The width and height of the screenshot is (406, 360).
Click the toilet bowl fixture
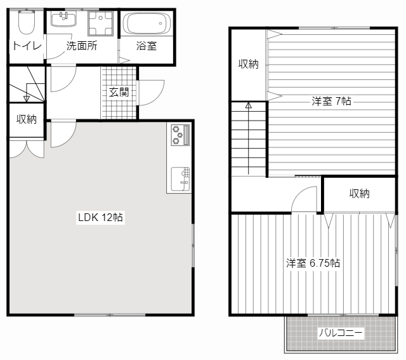[27, 22]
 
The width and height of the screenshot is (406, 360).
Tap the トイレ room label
[27, 46]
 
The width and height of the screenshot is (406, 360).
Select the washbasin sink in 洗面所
[63, 19]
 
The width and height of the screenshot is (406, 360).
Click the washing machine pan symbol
[100, 23]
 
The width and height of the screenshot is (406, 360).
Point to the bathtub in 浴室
[147, 23]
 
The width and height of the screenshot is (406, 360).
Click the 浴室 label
[147, 46]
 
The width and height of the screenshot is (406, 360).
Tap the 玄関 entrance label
[119, 92]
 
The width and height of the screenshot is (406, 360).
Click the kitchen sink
[180, 179]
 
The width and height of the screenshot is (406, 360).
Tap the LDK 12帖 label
[100, 217]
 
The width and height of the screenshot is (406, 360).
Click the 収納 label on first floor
[27, 119]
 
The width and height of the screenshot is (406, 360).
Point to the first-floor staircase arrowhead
[27, 98]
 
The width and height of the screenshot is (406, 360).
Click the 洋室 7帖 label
[331, 101]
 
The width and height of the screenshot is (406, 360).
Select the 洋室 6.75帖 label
[313, 263]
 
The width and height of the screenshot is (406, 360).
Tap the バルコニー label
[341, 333]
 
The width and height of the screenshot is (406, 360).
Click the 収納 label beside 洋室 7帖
[248, 63]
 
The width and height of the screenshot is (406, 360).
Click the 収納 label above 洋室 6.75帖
[360, 194]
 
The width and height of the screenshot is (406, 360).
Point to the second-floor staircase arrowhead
[249, 105]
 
